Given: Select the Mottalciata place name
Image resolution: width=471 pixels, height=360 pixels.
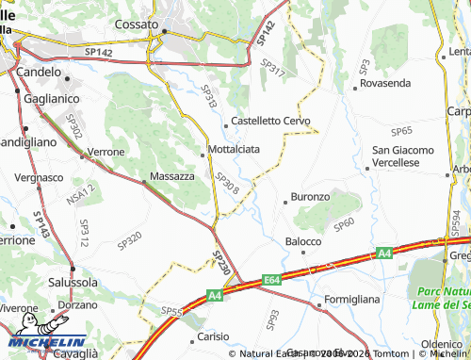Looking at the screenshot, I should tap(235, 149).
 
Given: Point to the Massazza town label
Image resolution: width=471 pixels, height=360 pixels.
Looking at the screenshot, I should tap(171, 176).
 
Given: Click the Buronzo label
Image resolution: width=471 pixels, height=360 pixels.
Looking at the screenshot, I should tap(310, 197).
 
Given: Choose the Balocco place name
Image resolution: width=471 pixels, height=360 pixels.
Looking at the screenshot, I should tap(303, 241).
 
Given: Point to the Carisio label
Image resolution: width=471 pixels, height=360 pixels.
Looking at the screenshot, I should tap(213, 336).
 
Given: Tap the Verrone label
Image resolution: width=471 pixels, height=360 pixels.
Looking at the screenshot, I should tap(106, 152).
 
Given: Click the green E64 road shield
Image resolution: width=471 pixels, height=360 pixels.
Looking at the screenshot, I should tap(271, 280).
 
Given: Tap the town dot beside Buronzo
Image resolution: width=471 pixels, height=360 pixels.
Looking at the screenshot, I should tap(285, 202).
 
